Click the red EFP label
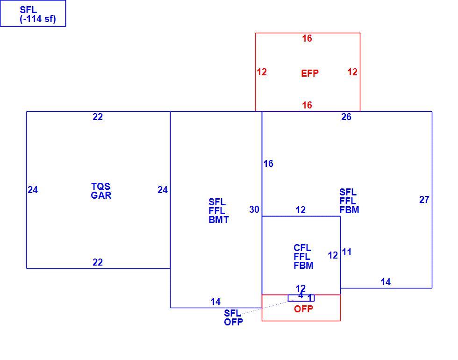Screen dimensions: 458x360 [309, 73]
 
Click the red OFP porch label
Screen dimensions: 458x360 [303, 309]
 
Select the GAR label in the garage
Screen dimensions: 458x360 [101, 195]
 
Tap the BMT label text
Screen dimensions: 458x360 [219, 219]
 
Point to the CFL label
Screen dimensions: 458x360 [302, 248]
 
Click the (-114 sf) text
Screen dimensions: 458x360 [38, 19]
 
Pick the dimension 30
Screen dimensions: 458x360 [254, 209]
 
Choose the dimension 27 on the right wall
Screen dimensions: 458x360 [424, 200]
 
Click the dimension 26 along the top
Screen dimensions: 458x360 [346, 117]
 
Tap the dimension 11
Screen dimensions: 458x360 [347, 252]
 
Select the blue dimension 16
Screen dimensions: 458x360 [268, 164]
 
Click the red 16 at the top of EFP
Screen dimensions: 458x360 [307, 38]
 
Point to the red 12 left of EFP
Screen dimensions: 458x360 [262, 72]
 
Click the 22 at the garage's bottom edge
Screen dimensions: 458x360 [98, 262]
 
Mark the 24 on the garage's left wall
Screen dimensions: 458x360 [33, 190]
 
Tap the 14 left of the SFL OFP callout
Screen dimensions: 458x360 [215, 302]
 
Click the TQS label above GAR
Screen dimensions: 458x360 [101, 187]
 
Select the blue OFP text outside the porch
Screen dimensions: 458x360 [233, 322]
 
